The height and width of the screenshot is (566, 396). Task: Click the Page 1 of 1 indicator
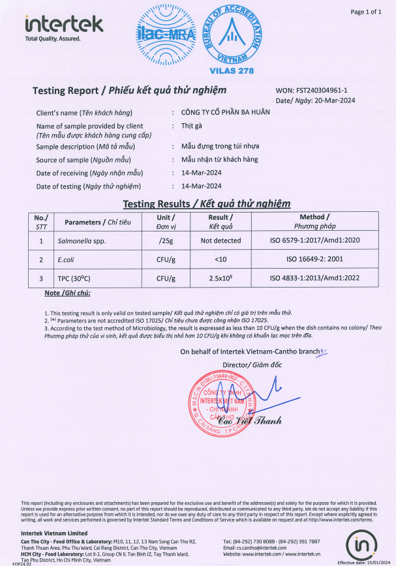(366, 12)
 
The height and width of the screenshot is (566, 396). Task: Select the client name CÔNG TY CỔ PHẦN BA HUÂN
(225, 113)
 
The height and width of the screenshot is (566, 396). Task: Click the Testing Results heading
(207, 203)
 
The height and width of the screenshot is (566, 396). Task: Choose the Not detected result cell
(221, 241)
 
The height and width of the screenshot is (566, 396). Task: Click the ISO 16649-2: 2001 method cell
(314, 260)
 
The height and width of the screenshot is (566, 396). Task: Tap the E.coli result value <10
(221, 260)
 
